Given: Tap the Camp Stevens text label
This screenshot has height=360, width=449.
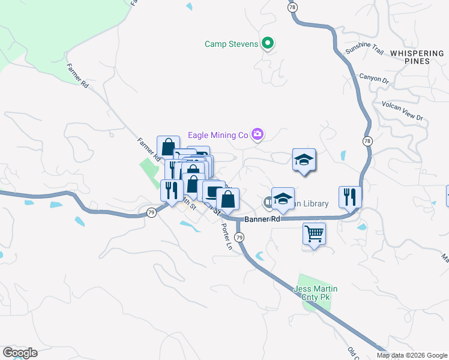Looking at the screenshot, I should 231,44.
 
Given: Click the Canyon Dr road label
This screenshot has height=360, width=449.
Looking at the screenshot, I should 375,78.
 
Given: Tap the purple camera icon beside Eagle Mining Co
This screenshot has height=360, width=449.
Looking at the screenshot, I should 258,134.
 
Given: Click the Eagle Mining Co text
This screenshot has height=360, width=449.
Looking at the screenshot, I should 218,135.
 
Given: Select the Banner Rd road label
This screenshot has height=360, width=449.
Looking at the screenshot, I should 262,219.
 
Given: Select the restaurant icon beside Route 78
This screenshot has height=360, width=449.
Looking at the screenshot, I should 349,196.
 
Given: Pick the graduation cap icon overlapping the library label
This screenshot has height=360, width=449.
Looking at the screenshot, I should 283,198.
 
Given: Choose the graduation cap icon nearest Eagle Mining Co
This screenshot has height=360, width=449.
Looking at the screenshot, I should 304,160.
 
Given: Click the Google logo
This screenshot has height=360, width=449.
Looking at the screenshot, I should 20,353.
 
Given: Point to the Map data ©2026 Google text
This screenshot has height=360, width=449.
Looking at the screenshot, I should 412,355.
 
